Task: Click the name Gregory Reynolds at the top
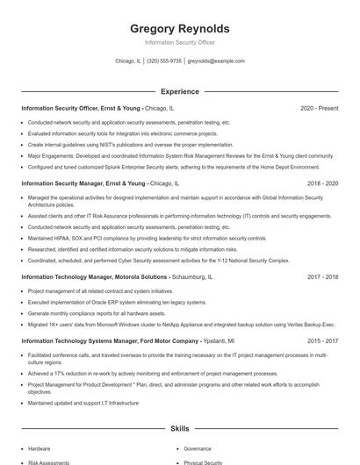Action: click(x=179, y=28)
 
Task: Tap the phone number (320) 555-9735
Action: click(x=164, y=61)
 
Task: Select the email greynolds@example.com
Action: click(x=216, y=61)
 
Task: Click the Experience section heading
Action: click(x=179, y=91)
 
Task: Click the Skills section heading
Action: click(x=179, y=429)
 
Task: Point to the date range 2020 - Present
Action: click(x=319, y=108)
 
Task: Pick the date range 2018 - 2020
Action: click(x=322, y=184)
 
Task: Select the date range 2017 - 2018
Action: click(x=322, y=276)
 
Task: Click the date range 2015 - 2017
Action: click(x=322, y=340)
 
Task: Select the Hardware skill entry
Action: click(x=39, y=448)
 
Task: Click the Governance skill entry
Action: click(x=198, y=448)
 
